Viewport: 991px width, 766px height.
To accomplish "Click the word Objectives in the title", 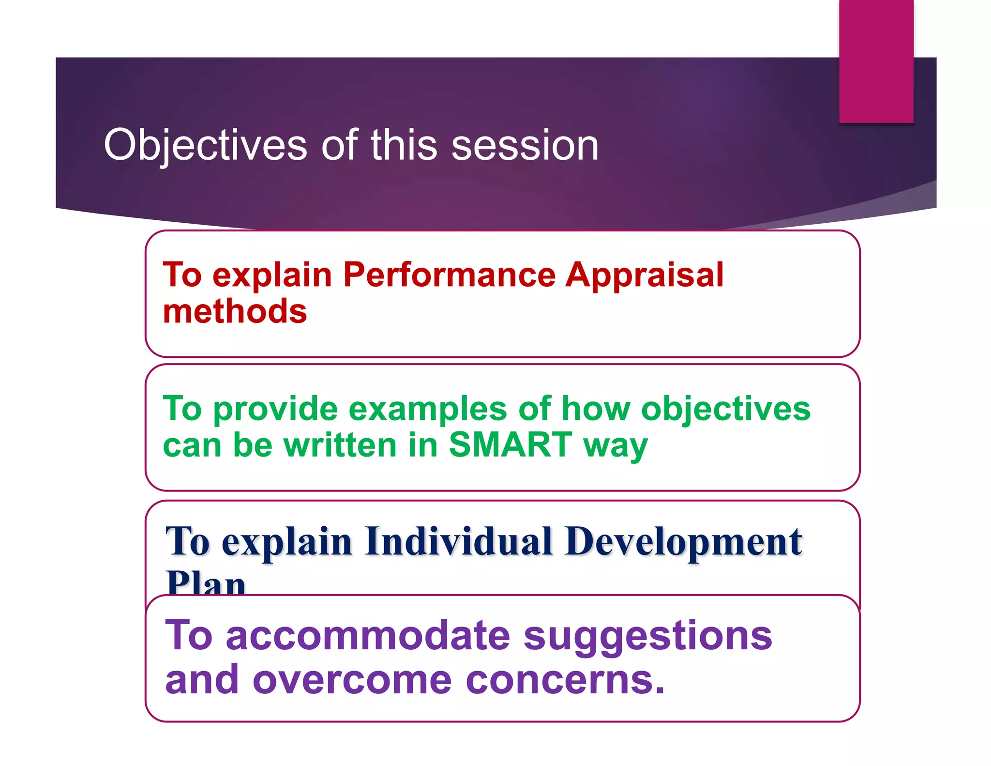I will [205, 145].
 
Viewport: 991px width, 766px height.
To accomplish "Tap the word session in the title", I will [525, 145].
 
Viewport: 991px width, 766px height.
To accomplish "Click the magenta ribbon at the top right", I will [876, 61].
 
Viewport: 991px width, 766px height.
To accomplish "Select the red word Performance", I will [450, 275].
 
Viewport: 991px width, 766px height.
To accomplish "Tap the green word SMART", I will [511, 444].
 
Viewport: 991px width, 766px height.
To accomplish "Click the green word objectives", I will [725, 409].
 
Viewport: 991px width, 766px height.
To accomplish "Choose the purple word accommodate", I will [368, 635].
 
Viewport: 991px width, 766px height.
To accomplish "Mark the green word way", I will [615, 444].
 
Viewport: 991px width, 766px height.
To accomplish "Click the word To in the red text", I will [182, 275].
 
